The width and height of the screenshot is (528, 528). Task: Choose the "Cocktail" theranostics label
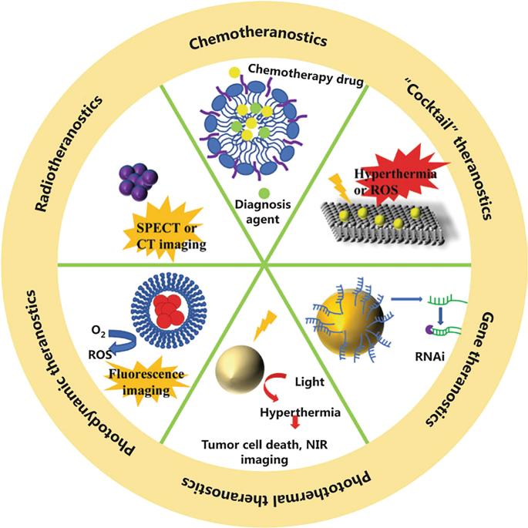pos(451,151)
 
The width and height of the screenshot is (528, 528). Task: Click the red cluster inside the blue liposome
pos(170,306)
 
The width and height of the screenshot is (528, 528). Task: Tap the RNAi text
pos(429,355)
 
